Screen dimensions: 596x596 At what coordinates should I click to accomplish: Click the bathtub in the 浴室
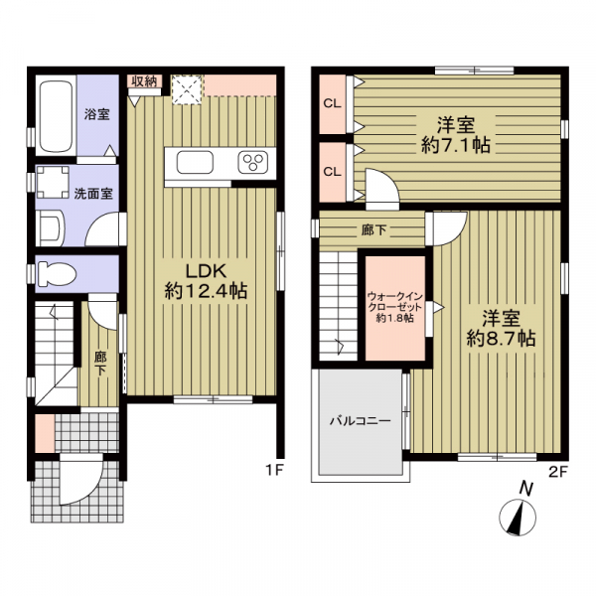tap(56, 115)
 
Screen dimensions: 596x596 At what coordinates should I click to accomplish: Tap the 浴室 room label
tap(97, 114)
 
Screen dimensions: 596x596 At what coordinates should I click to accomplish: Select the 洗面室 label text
tap(93, 194)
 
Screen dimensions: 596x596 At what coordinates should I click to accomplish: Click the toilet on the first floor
tap(57, 273)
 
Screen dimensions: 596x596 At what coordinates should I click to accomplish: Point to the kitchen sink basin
tap(195, 162)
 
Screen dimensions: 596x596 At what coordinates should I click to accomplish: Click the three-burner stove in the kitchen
tap(252, 162)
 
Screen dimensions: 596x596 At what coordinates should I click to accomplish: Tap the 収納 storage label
tap(144, 81)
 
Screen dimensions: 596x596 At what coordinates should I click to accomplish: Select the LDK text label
tap(206, 271)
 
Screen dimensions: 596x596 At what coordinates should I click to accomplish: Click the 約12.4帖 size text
tap(206, 291)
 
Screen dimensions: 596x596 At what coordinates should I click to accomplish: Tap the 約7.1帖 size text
tap(456, 145)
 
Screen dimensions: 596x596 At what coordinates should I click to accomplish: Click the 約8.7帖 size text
tap(502, 338)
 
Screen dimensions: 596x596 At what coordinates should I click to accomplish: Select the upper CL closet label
tap(332, 103)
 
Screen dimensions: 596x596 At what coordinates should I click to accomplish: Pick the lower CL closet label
tap(332, 172)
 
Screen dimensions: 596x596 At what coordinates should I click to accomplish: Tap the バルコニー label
tap(360, 421)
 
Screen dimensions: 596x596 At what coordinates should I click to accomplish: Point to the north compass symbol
tap(518, 517)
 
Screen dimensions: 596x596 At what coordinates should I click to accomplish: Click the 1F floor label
tap(274, 471)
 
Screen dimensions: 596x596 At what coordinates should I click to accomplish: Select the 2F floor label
tap(558, 472)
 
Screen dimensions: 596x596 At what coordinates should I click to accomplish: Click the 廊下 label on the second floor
tap(373, 229)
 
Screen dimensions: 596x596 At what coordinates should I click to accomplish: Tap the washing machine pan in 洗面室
tap(53, 182)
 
